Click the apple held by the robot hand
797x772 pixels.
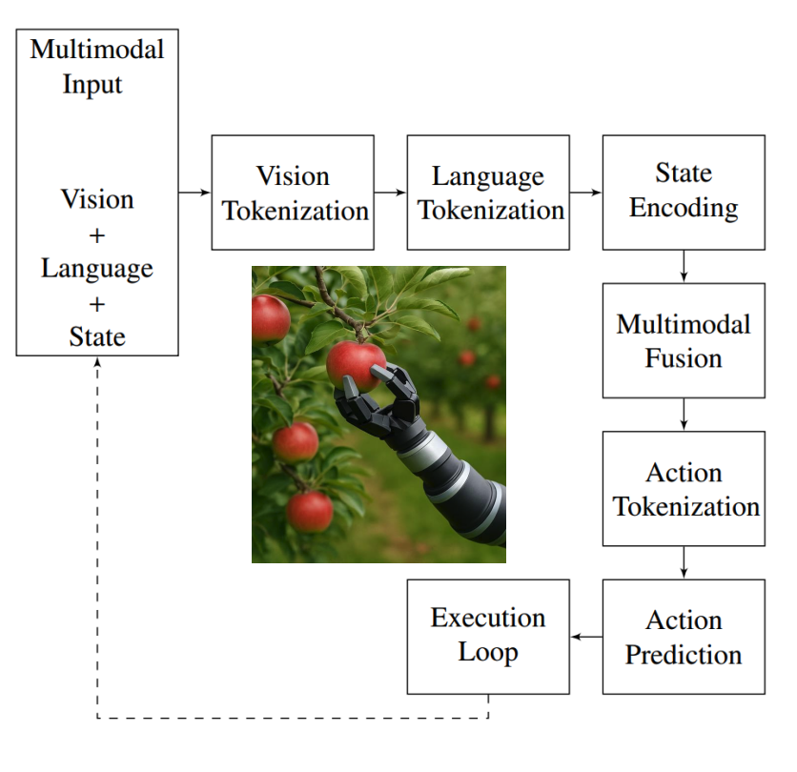(355, 365)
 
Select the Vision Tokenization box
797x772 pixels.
(293, 193)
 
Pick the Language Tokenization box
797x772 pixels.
(488, 193)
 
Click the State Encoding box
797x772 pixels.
(684, 193)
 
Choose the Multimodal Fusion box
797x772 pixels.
(684, 340)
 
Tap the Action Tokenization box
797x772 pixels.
(684, 489)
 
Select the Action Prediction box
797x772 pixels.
(684, 637)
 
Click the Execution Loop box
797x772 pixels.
(488, 637)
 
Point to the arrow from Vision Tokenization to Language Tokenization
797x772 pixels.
(390, 193)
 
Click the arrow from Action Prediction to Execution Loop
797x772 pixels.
(585, 637)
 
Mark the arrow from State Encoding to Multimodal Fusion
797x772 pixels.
(684, 266)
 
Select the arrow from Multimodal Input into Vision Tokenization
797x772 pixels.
(194, 193)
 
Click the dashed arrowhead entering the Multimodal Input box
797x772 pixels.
(97, 363)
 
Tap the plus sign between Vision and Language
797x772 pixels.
(97, 234)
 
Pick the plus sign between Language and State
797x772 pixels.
(97, 303)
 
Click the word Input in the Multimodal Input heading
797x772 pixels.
(92, 84)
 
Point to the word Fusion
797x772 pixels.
(684, 359)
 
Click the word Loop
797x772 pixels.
(488, 653)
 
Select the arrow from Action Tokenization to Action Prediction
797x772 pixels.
(684, 562)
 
